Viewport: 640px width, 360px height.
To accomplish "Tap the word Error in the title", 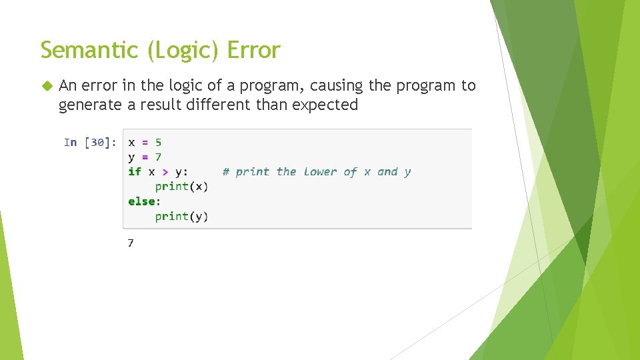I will (x=254, y=50).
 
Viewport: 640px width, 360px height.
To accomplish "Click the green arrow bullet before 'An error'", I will (x=46, y=86).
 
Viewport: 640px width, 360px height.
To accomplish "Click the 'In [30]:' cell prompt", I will (x=90, y=143).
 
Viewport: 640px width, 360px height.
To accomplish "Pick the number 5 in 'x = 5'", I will (x=158, y=143).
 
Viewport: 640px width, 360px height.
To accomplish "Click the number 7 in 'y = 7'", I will (x=158, y=157).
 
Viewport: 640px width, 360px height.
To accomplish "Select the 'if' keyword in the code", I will (x=135, y=172).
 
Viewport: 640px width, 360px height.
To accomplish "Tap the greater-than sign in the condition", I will (x=165, y=172).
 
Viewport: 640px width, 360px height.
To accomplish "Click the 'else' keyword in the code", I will (x=142, y=201).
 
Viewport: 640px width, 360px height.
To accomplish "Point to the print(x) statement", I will (x=181, y=187).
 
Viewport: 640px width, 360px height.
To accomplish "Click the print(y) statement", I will (x=181, y=216).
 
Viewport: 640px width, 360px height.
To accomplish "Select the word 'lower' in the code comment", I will (x=320, y=172).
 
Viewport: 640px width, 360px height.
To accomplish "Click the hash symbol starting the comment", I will (x=226, y=172).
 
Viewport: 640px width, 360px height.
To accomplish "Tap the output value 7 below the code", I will (x=131, y=243).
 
